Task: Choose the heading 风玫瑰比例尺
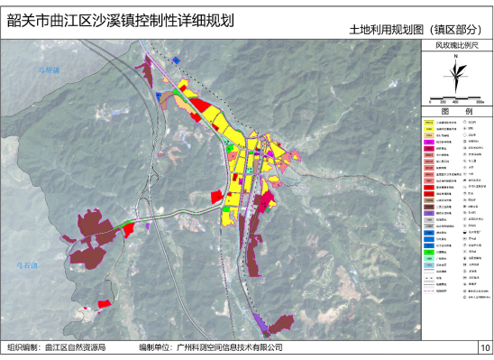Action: [456, 43]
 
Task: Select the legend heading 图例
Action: [456, 111]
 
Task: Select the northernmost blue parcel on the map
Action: [177, 60]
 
